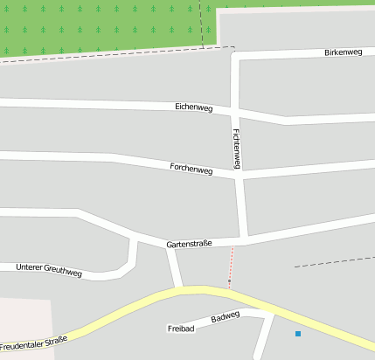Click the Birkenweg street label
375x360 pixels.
(343, 52)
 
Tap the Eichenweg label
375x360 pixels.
(194, 107)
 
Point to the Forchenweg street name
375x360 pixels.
(191, 169)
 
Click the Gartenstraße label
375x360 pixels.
(189, 245)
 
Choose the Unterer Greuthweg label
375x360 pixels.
(49, 270)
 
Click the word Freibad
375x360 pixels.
(180, 329)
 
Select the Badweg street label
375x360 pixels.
(225, 317)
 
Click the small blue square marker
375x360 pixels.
(297, 334)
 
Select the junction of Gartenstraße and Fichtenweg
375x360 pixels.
(246, 238)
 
